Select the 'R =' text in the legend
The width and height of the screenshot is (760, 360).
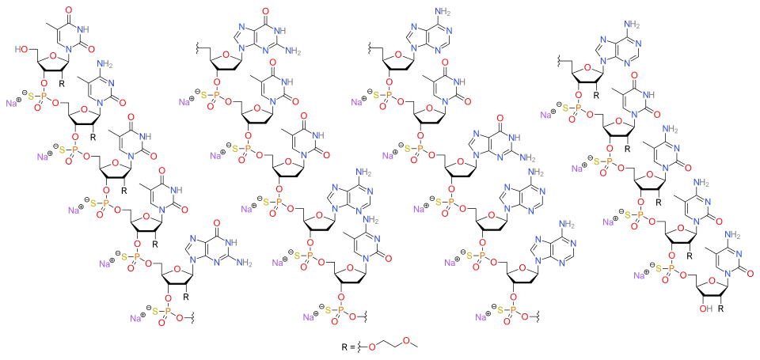click(348, 347)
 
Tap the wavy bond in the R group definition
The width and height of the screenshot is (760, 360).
click(361, 347)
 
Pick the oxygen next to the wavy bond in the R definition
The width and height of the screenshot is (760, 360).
click(372, 347)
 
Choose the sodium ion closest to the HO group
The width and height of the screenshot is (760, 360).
click(13, 103)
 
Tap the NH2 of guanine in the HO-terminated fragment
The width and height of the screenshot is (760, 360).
click(245, 263)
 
